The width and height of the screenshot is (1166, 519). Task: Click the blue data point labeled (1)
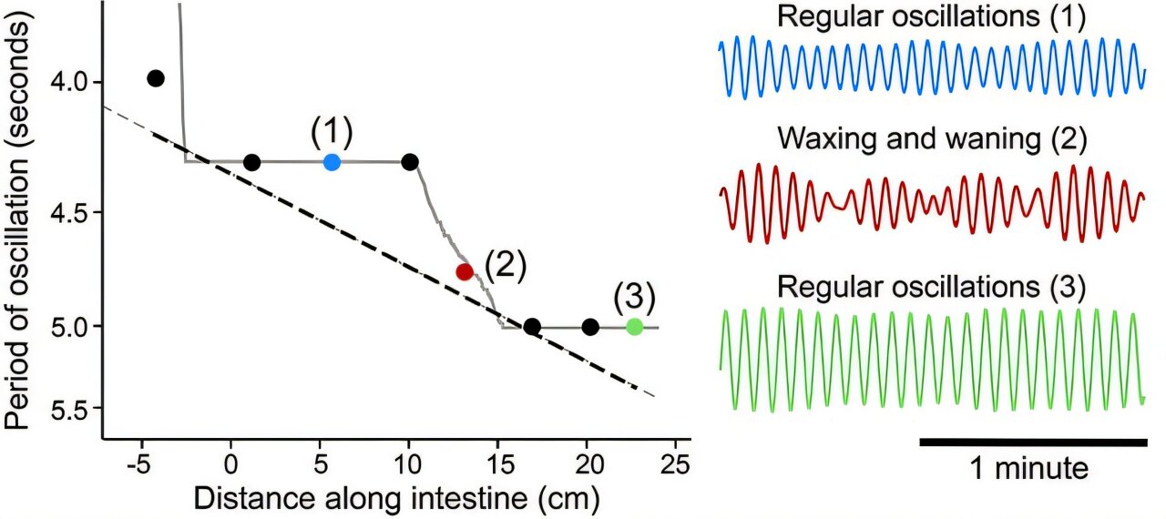tap(332, 162)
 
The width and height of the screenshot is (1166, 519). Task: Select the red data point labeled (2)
tap(465, 271)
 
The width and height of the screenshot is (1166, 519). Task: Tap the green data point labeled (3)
tap(635, 327)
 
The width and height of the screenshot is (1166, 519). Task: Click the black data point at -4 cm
tap(156, 78)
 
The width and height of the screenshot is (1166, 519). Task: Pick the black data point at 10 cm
tap(410, 162)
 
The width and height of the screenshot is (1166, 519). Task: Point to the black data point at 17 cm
tap(533, 327)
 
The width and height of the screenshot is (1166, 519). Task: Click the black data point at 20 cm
tap(590, 327)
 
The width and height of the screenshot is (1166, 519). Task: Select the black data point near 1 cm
tap(252, 163)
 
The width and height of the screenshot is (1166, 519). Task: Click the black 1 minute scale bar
tap(1033, 443)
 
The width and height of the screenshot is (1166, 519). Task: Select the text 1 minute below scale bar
tap(1028, 470)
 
